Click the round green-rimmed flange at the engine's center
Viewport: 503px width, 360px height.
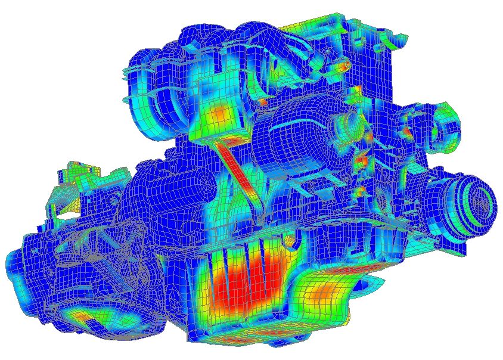(x=346, y=125)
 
